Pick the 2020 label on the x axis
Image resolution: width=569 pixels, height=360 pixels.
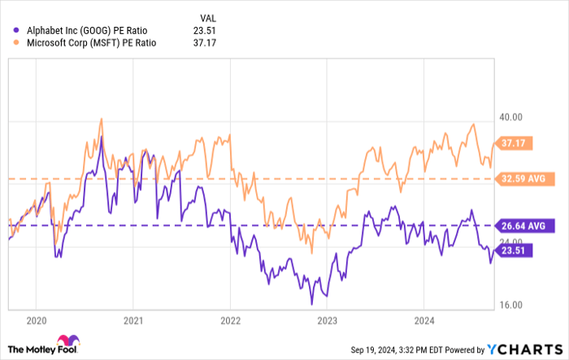37,320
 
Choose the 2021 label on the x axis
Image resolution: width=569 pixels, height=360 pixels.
134,320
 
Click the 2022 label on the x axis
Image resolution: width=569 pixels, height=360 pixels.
231,320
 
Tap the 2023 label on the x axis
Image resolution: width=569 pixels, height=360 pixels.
328,320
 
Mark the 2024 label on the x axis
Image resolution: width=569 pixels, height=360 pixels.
424,320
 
